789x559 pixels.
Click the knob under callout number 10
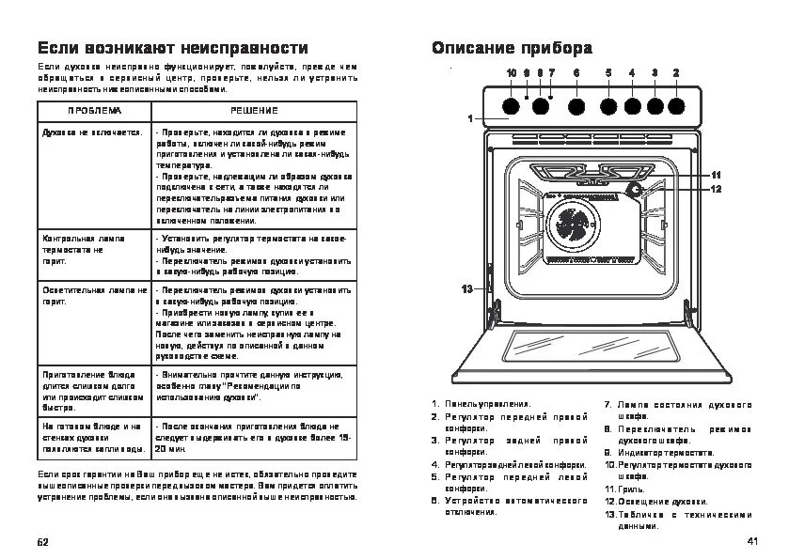(511, 105)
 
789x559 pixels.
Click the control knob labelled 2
(676, 105)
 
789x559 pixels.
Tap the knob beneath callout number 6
(576, 105)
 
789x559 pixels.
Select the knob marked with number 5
(608, 105)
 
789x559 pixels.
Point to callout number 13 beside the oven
(466, 288)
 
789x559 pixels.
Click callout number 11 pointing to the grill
(716, 175)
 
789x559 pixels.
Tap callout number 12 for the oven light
(716, 189)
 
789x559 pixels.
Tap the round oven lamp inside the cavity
(635, 191)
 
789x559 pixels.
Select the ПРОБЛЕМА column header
(93, 111)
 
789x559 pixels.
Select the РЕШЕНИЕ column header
(254, 111)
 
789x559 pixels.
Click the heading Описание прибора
(512, 48)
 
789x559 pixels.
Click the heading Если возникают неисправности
(172, 48)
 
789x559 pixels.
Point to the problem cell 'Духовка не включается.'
(91, 132)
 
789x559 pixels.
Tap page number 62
(42, 543)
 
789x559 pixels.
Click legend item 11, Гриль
(625, 489)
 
